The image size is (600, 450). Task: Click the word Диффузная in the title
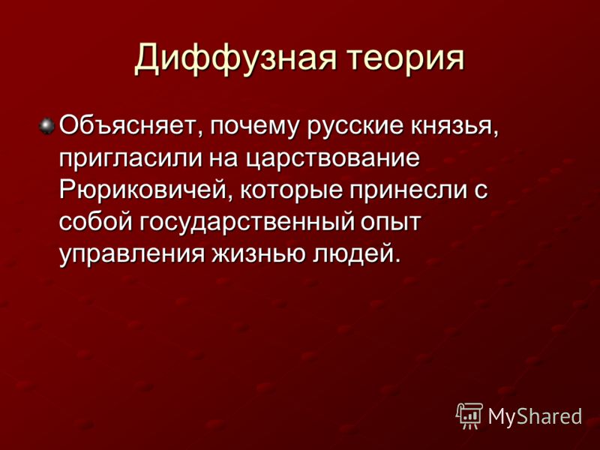pos(235,58)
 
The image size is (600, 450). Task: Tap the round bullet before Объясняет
pos(47,126)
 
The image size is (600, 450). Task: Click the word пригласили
pos(130,160)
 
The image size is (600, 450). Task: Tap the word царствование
pos(332,160)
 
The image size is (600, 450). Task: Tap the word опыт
pos(390,223)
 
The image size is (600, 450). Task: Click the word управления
pos(132,255)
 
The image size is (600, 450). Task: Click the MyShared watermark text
pos(535,416)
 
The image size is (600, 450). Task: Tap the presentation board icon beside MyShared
pos(469,416)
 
